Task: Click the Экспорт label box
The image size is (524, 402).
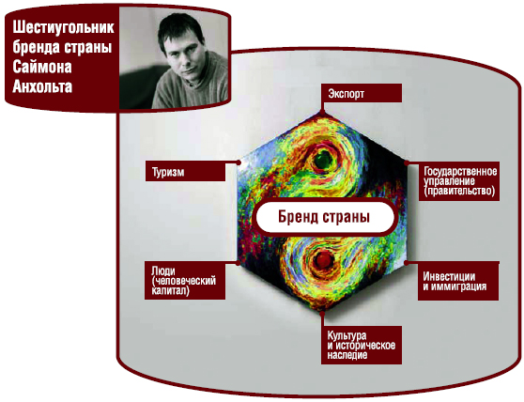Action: [362, 93]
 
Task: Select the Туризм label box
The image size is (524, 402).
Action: [186, 172]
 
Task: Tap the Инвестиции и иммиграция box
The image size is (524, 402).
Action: [458, 281]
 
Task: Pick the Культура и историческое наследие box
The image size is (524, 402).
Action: [362, 345]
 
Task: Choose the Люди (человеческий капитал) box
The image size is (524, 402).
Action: [185, 280]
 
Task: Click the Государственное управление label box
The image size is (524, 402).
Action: [459, 181]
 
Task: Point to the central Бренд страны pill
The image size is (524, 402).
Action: [325, 217]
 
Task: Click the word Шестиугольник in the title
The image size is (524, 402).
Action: [63, 27]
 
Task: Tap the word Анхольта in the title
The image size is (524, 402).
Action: [42, 86]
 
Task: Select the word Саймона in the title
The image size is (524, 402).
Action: [42, 67]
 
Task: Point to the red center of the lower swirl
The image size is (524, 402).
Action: [324, 259]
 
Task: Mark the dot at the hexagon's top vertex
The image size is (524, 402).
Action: [322, 113]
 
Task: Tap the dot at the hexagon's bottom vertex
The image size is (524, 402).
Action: [322, 314]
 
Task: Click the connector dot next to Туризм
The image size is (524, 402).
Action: [239, 162]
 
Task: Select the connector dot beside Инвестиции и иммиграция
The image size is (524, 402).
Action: [407, 263]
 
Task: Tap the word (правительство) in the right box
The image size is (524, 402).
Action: [459, 192]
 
